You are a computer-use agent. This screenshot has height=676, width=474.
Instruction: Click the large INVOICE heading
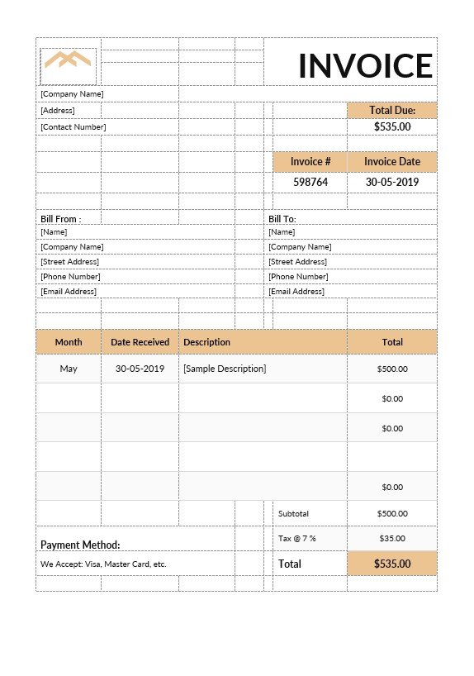pos(365,66)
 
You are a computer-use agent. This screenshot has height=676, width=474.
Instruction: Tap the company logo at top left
pos(68,60)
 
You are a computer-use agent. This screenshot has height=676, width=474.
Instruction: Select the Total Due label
pos(392,110)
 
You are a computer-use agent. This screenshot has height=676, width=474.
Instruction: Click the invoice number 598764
pos(310,182)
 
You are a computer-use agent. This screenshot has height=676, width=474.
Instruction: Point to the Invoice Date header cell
pos(392,162)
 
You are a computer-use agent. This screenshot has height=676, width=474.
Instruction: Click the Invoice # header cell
pos(310,162)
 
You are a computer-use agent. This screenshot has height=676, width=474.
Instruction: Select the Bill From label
pos(60,219)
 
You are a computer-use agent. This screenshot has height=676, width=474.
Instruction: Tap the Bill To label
pos(282,219)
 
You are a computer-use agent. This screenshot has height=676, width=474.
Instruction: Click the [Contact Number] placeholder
pos(73,127)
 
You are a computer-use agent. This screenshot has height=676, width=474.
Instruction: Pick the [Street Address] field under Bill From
pos(69,262)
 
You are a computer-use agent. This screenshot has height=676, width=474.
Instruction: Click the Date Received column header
pos(140,342)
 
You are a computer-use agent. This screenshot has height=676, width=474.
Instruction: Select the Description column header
pos(206,342)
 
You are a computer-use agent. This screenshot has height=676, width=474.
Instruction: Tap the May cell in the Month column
pos(69,369)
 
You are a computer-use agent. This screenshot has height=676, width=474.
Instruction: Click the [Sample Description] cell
pos(225,369)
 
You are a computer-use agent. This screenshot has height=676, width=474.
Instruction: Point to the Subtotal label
pos(293,514)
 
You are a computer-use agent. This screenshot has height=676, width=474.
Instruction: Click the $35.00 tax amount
pos(392,539)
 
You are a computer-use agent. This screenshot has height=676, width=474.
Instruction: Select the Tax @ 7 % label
pos(297,539)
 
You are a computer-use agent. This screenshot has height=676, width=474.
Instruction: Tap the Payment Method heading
pos(80,545)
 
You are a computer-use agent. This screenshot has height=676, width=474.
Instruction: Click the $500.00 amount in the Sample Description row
pos(392,369)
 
